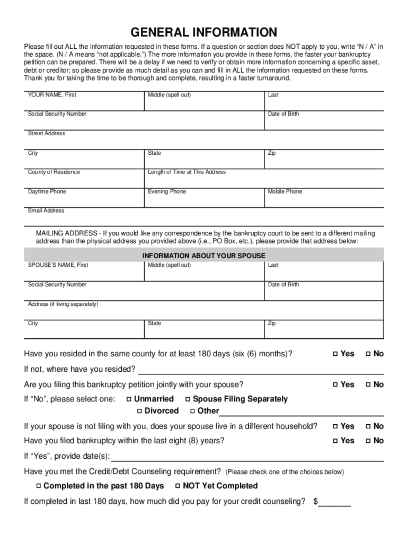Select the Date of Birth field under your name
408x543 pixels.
tap(323, 122)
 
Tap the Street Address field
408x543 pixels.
tap(204, 142)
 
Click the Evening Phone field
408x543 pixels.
tap(204, 200)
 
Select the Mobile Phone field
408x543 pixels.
tap(323, 200)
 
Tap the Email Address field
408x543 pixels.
tap(204, 219)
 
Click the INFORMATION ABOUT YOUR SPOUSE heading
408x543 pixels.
tap(204, 256)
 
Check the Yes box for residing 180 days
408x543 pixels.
tap(335, 354)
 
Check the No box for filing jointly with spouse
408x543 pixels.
tap(368, 385)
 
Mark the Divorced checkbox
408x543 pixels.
tap(139, 411)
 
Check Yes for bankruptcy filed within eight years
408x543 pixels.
tap(335, 441)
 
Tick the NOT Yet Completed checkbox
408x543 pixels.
tap(178, 486)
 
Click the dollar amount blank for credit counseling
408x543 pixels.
tap(334, 502)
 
